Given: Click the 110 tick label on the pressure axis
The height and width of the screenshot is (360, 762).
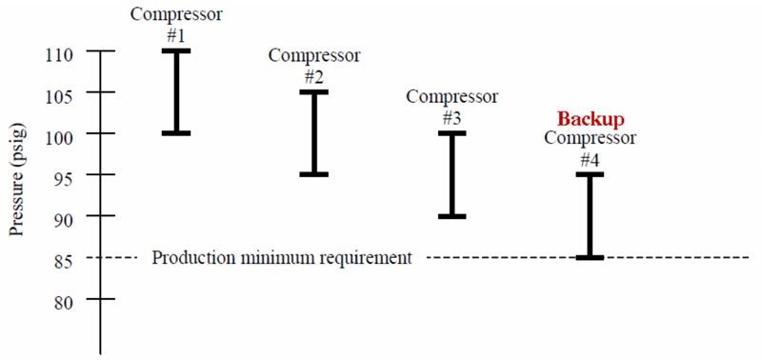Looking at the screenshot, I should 58,51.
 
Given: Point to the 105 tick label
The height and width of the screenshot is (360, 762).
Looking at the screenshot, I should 58,93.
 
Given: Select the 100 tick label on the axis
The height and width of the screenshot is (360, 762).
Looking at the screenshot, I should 58,134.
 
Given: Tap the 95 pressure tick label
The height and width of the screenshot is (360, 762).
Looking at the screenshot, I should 63,175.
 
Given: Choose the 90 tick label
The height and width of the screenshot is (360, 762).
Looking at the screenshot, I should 63,217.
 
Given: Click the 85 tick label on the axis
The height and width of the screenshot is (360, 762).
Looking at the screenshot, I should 63,258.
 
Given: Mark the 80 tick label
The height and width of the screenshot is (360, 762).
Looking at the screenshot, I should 63,299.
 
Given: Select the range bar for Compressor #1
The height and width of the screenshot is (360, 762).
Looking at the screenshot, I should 176,91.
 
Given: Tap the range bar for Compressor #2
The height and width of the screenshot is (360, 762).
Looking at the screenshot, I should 314,132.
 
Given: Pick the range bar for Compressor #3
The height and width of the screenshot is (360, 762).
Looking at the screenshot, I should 452,174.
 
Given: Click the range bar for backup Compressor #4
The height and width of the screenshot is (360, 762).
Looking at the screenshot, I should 590,216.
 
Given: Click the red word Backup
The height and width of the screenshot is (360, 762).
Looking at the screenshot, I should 590,120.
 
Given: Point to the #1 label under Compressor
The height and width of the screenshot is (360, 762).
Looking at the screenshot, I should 176,34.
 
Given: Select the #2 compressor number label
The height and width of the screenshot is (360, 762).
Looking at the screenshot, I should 314,75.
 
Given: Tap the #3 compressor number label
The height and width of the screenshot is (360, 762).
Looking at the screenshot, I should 452,117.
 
